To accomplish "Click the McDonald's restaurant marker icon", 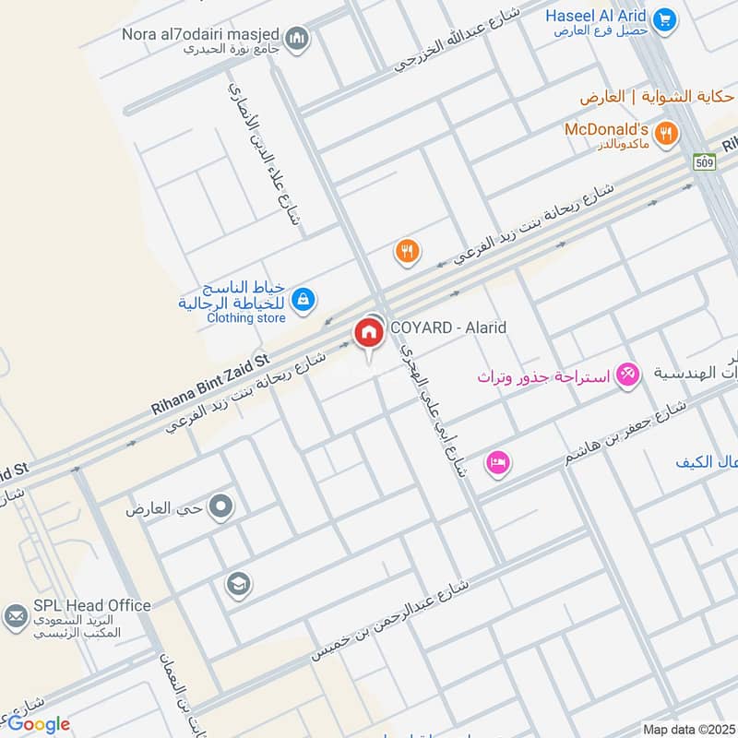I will pyautogui.click(x=668, y=133).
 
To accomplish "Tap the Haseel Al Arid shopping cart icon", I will pyautogui.click(x=664, y=18).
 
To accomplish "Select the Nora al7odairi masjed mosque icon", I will pyautogui.click(x=296, y=37).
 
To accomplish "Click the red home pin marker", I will pyautogui.click(x=369, y=333).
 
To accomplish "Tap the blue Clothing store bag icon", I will pyautogui.click(x=303, y=299).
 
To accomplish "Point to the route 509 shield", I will pyautogui.click(x=706, y=161).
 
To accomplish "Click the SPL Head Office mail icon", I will pyautogui.click(x=15, y=616).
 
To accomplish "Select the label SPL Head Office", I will pyautogui.click(x=92, y=605).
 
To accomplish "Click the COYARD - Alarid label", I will pyautogui.click(x=448, y=327).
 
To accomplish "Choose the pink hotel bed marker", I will pyautogui.click(x=498, y=461).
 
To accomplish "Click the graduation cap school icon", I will pyautogui.click(x=237, y=583).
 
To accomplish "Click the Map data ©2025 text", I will pyautogui.click(x=688, y=730).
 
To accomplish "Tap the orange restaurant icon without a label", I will pyautogui.click(x=407, y=250).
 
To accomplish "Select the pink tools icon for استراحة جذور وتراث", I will pyautogui.click(x=628, y=375).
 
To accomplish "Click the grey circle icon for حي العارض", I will pyautogui.click(x=220, y=506).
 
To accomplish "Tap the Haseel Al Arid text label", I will pyautogui.click(x=597, y=16).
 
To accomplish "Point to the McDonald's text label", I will pyautogui.click(x=607, y=129).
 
